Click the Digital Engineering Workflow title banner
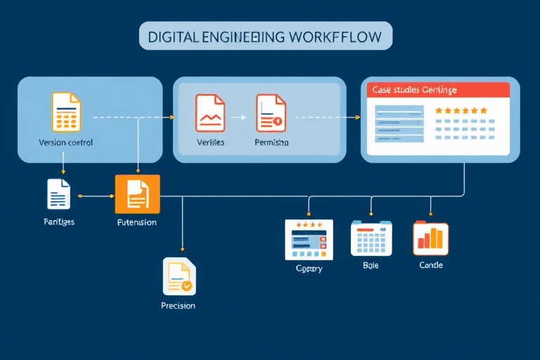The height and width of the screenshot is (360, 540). [x=266, y=36]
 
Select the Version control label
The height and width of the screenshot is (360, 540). [x=66, y=143]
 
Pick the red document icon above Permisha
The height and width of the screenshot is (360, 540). [x=271, y=112]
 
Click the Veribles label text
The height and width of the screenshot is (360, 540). [x=211, y=143]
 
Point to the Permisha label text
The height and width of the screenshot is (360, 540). [x=271, y=143]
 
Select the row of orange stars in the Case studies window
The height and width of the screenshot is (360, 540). [x=461, y=110]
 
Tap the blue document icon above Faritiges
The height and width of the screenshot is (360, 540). [x=59, y=194]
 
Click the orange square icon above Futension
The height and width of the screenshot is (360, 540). [x=138, y=194]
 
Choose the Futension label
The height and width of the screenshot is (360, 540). [x=137, y=222]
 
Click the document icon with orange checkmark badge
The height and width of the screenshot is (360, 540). [x=178, y=276]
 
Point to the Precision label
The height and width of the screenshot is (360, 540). [x=178, y=306]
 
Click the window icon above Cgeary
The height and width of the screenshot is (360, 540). [x=308, y=239]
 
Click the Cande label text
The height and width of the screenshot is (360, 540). [x=430, y=266]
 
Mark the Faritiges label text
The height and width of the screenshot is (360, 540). [x=58, y=222]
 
